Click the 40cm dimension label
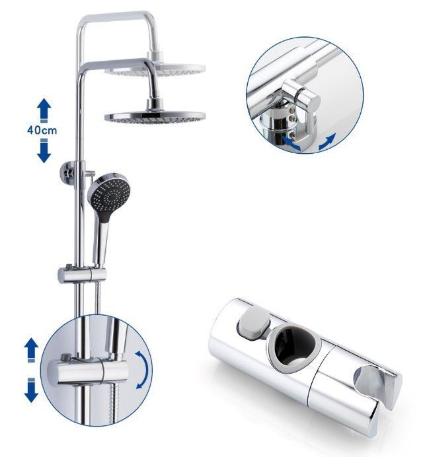[x=42, y=130]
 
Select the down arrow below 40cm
[x=44, y=151]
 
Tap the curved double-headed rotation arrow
[x=142, y=370]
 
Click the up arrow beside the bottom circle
[x=31, y=350]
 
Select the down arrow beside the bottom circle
[x=31, y=390]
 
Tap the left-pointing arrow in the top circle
[x=291, y=142]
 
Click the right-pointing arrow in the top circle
[x=327, y=141]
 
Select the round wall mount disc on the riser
[x=67, y=172]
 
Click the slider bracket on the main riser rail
[x=82, y=275]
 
